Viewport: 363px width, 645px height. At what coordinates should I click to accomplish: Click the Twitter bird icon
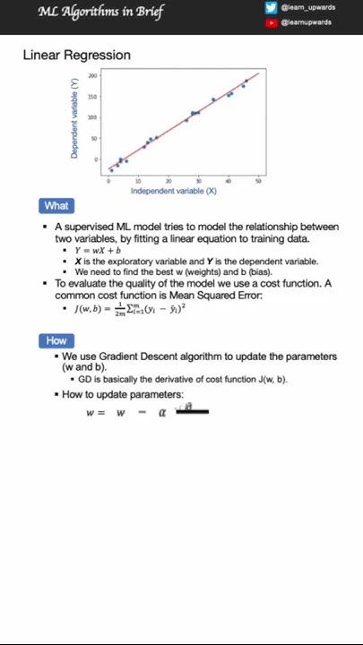click(x=271, y=8)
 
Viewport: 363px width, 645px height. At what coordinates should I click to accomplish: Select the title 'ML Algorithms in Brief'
click(x=100, y=12)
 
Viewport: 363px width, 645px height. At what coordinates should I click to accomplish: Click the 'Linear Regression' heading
click(x=76, y=55)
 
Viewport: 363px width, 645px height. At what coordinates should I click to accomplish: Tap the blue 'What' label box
click(x=56, y=206)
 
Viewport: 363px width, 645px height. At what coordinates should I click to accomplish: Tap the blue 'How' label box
click(x=56, y=340)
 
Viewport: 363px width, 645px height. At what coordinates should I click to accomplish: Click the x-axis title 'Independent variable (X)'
click(x=174, y=191)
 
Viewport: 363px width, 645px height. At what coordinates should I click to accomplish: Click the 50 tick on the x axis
click(x=258, y=181)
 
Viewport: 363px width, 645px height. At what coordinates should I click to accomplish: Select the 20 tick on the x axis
click(x=169, y=181)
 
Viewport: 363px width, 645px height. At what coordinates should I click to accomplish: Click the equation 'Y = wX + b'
click(x=98, y=251)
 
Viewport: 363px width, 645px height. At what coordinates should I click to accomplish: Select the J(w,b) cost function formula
click(x=130, y=308)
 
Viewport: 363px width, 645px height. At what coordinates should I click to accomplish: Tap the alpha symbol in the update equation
click(x=162, y=413)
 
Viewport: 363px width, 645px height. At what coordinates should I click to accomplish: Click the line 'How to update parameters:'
click(x=122, y=394)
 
